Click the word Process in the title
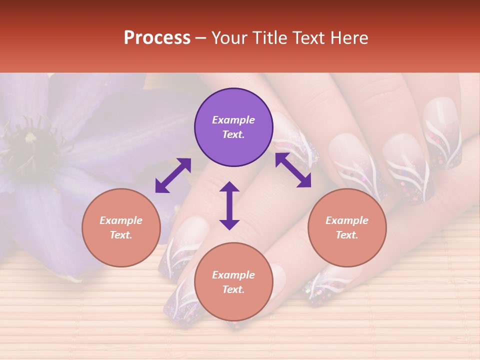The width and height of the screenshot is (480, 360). [x=157, y=38]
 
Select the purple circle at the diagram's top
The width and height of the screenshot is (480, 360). [x=233, y=127]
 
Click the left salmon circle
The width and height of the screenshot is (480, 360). [x=121, y=227]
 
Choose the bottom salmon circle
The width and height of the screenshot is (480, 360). [x=233, y=282]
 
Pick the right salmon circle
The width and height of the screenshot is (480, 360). [x=347, y=227]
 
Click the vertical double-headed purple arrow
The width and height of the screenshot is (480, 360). [x=229, y=205]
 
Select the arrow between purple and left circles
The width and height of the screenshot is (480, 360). [x=173, y=175]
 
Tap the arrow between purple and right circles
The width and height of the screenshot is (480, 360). [x=293, y=170]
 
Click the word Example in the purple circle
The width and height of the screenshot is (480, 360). [x=233, y=120]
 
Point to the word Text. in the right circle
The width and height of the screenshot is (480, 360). [x=347, y=235]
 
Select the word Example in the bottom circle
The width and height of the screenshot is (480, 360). [x=233, y=275]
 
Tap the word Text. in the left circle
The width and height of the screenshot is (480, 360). [x=121, y=235]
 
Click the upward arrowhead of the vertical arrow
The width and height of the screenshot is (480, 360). [x=229, y=187]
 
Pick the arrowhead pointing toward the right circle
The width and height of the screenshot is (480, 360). [x=304, y=181]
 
